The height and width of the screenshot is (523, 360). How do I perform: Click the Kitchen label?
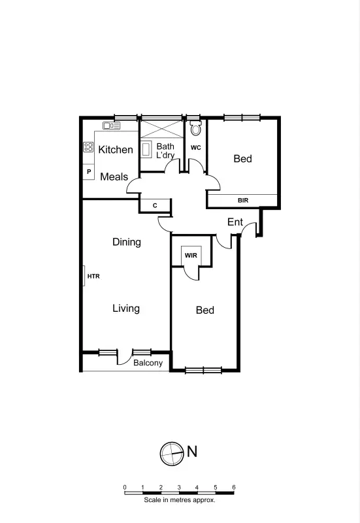pyautogui.click(x=116, y=150)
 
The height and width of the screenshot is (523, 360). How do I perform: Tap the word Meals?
pyautogui.click(x=114, y=177)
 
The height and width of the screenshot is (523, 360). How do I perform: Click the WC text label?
pyautogui.click(x=195, y=148)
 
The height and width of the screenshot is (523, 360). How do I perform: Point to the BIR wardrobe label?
pyautogui.click(x=243, y=201)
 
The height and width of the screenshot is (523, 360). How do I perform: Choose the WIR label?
pyautogui.click(x=190, y=255)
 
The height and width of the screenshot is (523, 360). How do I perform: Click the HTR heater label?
pyautogui.click(x=93, y=277)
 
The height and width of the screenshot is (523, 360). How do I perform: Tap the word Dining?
pyautogui.click(x=126, y=242)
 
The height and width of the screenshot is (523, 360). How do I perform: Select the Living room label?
pyautogui.click(x=125, y=308)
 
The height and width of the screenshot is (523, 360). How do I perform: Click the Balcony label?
pyautogui.click(x=148, y=363)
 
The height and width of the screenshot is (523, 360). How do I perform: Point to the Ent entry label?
pyautogui.click(x=235, y=222)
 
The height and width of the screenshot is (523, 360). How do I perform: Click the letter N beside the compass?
pyautogui.click(x=192, y=450)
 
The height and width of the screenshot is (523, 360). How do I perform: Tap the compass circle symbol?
pyautogui.click(x=171, y=452)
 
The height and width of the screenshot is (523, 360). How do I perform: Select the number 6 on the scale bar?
pyautogui.click(x=233, y=488)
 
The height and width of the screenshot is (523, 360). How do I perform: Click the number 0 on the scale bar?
pyautogui.click(x=125, y=488)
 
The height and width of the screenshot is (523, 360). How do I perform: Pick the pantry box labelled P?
pyautogui.click(x=89, y=172)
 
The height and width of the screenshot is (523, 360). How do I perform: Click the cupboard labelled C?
pyautogui.click(x=155, y=205)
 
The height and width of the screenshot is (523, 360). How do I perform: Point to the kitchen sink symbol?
pyautogui.click(x=110, y=125)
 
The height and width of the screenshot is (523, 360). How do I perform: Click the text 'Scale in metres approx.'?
pyautogui.click(x=179, y=500)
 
